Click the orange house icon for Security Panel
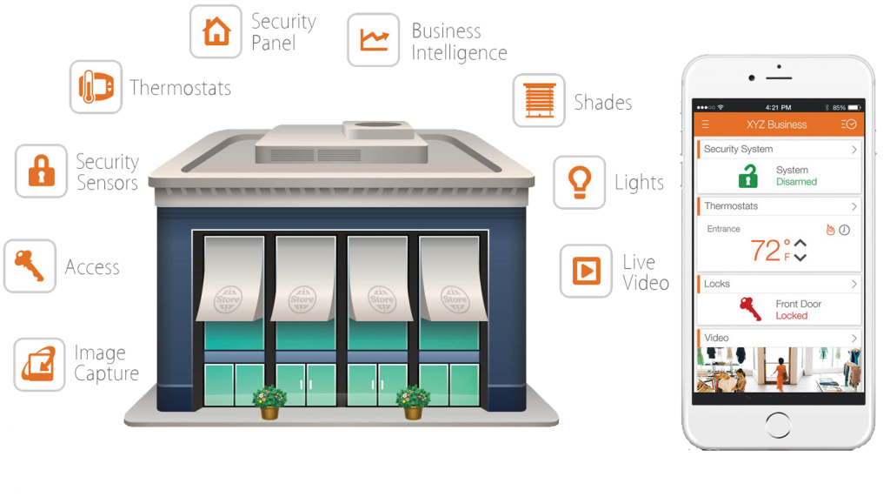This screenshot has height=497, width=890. point(216,31)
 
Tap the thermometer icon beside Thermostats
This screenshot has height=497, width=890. point(95,87)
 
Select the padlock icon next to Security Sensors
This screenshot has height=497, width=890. point(41,171)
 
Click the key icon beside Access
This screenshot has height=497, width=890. point(30,265)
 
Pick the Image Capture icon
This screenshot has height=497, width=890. point(40,364)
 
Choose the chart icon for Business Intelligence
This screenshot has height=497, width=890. point(374,40)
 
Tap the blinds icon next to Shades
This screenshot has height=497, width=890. point(539,100)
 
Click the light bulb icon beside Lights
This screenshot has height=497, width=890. point(579,182)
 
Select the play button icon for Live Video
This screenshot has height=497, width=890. point(585,271)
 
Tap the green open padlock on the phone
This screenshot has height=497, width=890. point(747,177)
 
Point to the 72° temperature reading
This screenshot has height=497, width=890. point(769,251)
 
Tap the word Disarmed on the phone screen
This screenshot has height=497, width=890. point(796,182)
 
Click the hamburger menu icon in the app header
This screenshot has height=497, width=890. point(705,124)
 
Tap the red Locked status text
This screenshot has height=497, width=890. point(791,316)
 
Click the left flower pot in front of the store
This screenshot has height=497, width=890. point(269,403)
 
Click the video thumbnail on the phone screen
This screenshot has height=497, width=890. point(778,370)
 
